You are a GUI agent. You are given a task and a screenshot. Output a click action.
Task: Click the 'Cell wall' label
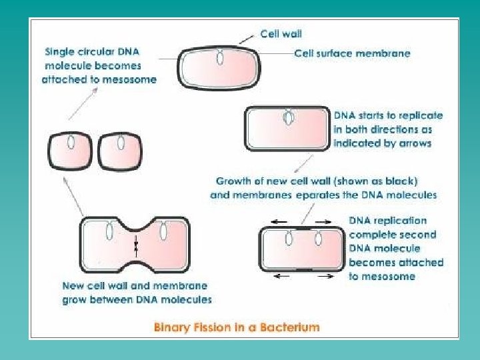[x=281, y=33]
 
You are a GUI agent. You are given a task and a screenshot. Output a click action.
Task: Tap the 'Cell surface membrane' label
[x=352, y=53]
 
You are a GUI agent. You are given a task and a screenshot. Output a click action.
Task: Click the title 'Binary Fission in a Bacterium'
[x=237, y=327]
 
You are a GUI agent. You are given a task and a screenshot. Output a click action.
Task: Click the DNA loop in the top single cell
[x=220, y=58]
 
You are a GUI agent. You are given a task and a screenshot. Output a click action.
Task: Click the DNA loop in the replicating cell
[x=289, y=118]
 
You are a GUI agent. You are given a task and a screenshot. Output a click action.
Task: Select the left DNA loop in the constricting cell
[x=109, y=231]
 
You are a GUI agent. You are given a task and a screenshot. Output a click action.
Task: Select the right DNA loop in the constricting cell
[x=163, y=231]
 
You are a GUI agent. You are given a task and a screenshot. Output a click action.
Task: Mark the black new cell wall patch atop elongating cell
[x=303, y=227]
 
